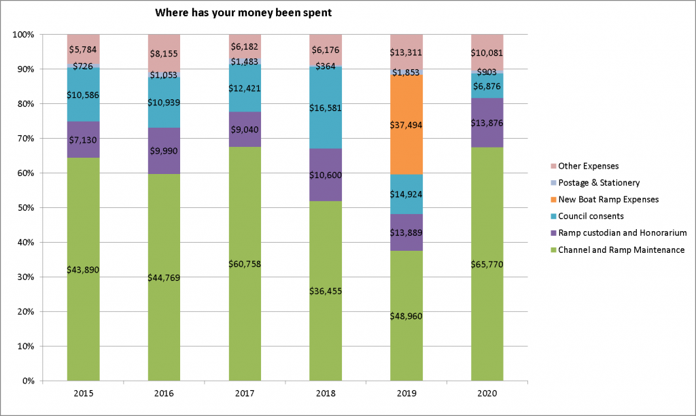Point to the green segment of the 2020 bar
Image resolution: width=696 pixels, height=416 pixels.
[x=487, y=306]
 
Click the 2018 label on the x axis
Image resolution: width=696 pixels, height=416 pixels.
[x=326, y=394]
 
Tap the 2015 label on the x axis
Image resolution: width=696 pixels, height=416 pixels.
[x=83, y=394]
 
